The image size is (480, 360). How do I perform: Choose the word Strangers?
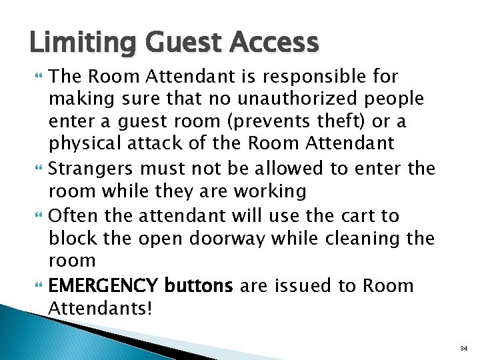click(x=90, y=169)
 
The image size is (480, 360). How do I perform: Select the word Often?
click(x=71, y=216)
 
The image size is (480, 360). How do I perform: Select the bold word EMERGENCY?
click(x=102, y=286)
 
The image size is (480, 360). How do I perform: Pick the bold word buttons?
click(x=198, y=286)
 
